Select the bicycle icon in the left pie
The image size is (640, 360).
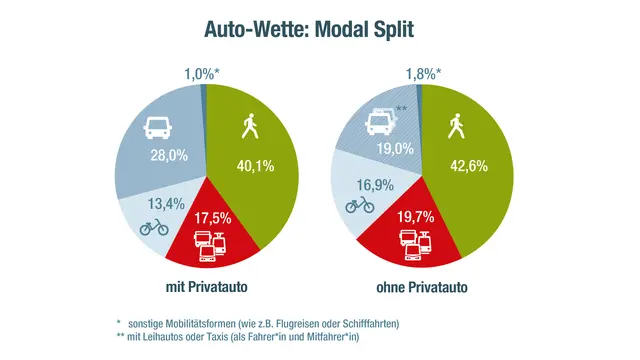(154, 228)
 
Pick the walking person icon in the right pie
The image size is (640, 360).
(457, 127)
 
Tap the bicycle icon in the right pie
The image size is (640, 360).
(360, 207)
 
